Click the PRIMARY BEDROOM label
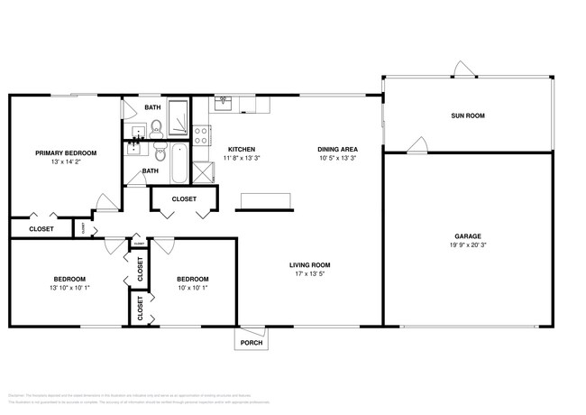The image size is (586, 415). click(66, 153)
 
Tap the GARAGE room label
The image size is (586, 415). click(468, 236)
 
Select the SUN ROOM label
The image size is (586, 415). click(468, 115)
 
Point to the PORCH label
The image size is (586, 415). click(252, 343)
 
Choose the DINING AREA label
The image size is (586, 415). click(338, 149)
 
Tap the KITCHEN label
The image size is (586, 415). click(241, 149)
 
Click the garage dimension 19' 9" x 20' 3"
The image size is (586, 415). click(468, 245)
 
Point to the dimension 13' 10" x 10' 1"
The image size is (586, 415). click(69, 289)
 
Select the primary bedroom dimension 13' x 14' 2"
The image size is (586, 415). click(66, 162)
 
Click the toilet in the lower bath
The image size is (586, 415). click(159, 150)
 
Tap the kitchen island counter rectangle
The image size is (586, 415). click(266, 200)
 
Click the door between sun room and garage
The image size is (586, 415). click(416, 145)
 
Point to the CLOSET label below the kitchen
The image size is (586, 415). click(184, 198)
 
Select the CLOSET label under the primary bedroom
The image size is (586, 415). click(41, 229)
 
